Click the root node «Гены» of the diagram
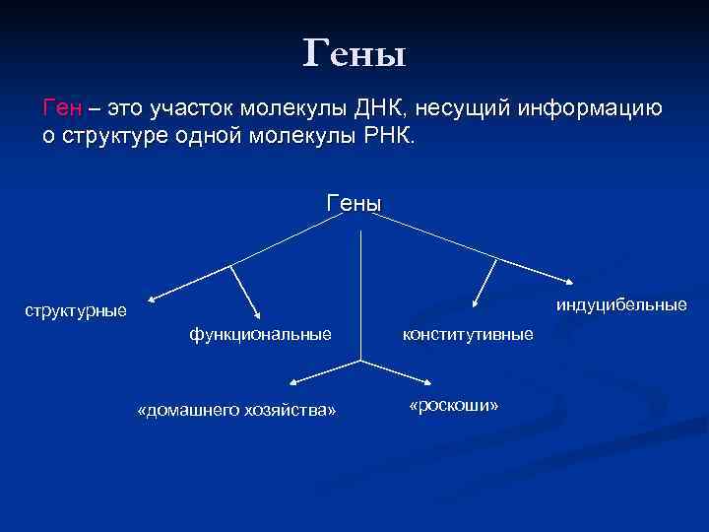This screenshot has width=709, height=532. (x=354, y=203)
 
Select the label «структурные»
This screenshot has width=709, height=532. (x=76, y=311)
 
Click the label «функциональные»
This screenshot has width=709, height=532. (x=260, y=335)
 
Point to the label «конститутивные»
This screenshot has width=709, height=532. (x=468, y=335)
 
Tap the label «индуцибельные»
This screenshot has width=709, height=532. (x=620, y=304)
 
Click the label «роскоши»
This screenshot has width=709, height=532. (x=454, y=406)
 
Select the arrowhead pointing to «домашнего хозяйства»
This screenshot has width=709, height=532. (x=292, y=383)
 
